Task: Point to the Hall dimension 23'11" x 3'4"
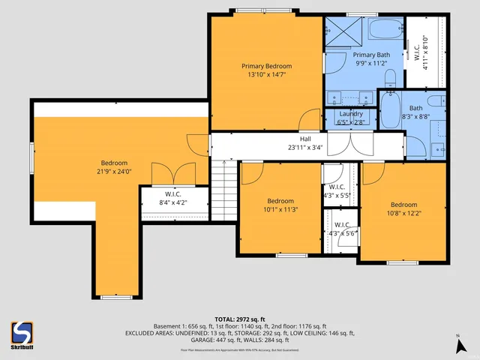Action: (305, 148)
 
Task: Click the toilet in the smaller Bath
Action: (434, 102)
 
